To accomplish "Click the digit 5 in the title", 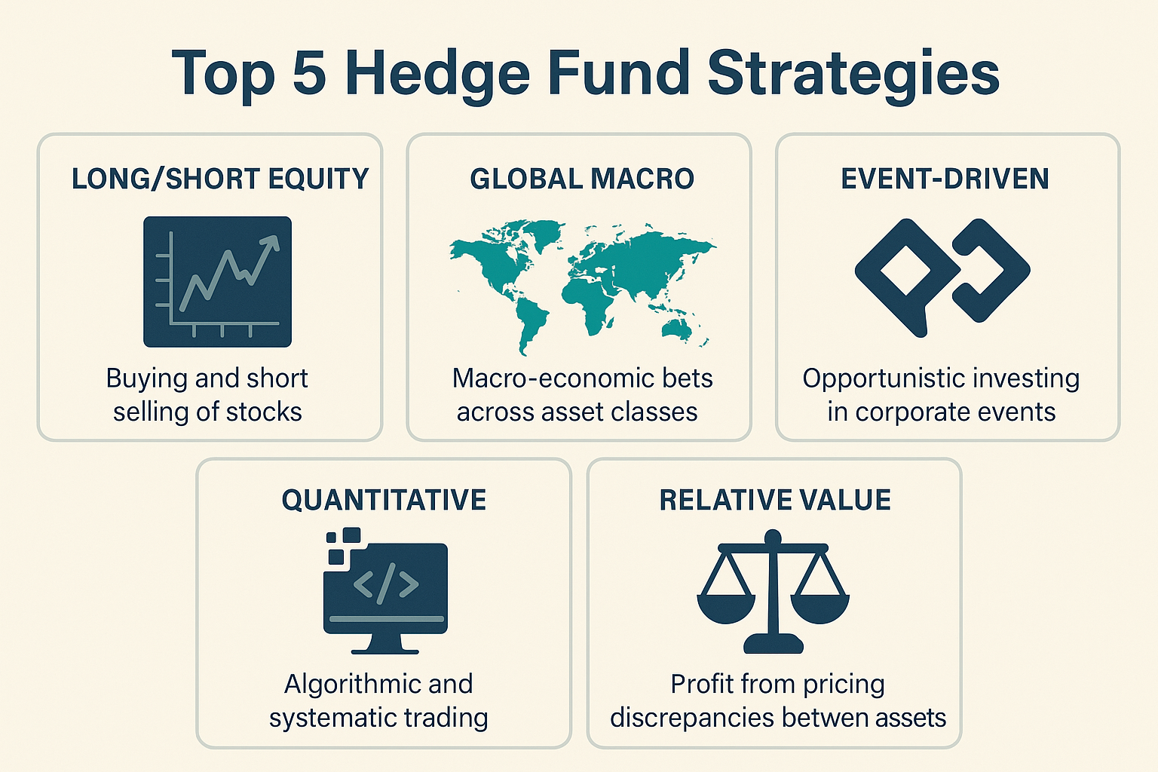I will tap(308, 73).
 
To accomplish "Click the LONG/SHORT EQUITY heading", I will tap(220, 179).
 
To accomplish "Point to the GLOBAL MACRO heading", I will tap(582, 179).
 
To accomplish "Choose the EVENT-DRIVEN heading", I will tap(945, 179).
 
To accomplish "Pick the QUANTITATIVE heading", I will tap(384, 501).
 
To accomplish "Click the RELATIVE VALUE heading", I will tap(775, 501).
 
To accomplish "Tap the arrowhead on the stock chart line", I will tap(270, 243).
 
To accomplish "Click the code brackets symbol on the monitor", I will tap(386, 584).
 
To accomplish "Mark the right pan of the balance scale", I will tap(820, 606).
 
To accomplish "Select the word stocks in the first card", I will tap(264, 412).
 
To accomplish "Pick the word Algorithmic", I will tap(341, 685).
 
